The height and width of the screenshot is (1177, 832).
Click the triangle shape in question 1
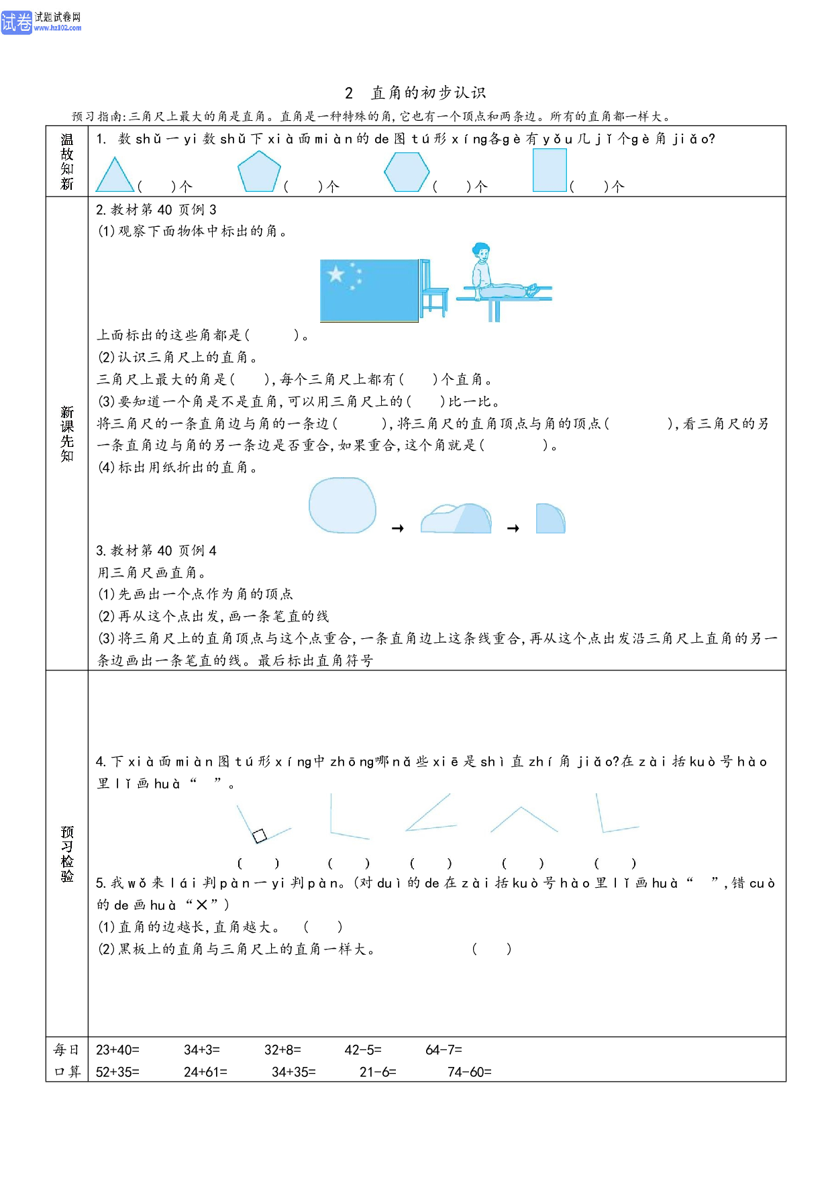pyautogui.click(x=115, y=175)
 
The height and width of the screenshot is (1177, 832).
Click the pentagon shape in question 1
pyautogui.click(x=259, y=172)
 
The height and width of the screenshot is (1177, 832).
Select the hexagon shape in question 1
pyautogui.click(x=407, y=172)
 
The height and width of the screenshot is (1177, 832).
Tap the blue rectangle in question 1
pyautogui.click(x=550, y=170)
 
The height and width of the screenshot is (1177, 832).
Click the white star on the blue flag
pyautogui.click(x=335, y=274)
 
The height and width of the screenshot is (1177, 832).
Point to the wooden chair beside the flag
pyautogui.click(x=433, y=289)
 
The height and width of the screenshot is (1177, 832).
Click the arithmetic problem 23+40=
pyautogui.click(x=117, y=1050)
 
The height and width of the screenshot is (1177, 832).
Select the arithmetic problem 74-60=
pyautogui.click(x=470, y=1072)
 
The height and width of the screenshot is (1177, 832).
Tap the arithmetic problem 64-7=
pyautogui.click(x=444, y=1050)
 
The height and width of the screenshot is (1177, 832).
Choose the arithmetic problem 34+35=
pyautogui.click(x=294, y=1072)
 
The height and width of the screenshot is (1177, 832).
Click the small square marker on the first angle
pyautogui.click(x=260, y=835)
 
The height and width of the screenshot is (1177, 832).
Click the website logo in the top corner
pyautogui.click(x=41, y=22)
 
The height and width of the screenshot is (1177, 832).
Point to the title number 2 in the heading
pyautogui.click(x=349, y=93)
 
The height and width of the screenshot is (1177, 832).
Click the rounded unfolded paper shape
pyautogui.click(x=342, y=505)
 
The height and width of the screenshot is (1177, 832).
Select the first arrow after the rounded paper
pyautogui.click(x=398, y=529)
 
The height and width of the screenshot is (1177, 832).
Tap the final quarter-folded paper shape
pyautogui.click(x=551, y=518)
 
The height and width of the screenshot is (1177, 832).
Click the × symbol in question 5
pyautogui.click(x=202, y=905)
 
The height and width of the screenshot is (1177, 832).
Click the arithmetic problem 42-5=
pyautogui.click(x=363, y=1050)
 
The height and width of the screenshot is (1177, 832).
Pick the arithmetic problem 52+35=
pyautogui.click(x=117, y=1072)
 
